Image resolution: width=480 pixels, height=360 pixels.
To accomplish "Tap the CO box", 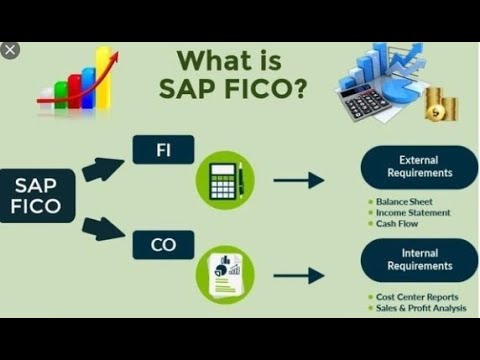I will click(x=162, y=244).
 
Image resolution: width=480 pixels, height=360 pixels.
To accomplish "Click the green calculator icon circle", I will click(x=226, y=180).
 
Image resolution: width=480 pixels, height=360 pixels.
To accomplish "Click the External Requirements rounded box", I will click(x=419, y=166).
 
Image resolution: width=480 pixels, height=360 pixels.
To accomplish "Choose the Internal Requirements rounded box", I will click(x=419, y=260).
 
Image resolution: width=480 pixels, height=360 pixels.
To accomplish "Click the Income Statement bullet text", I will click(x=412, y=212).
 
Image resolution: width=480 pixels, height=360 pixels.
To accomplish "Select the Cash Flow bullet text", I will click(x=397, y=224).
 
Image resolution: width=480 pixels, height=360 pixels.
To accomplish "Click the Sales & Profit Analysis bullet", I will click(x=421, y=309).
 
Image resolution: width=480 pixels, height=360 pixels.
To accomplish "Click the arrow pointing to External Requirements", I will click(x=299, y=180).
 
